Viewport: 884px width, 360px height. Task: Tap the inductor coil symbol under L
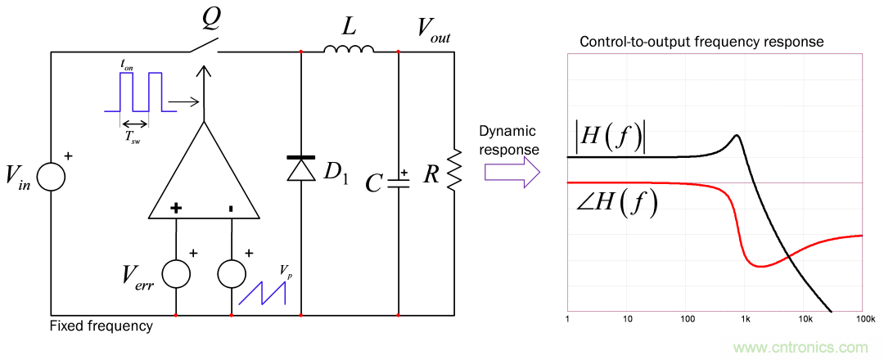[350, 50]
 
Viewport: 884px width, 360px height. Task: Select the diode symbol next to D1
[301, 167]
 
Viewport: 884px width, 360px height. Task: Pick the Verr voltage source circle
[176, 275]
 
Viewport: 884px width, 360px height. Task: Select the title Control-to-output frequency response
[701, 42]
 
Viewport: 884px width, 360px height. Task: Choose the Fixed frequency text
[101, 326]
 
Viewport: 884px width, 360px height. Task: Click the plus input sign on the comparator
[176, 209]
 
